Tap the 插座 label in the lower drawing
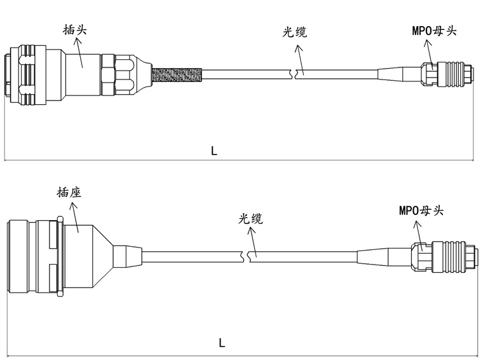tap(68, 192)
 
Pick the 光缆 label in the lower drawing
tap(250, 218)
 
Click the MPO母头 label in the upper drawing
tap(434, 31)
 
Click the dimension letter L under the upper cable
tap(214, 151)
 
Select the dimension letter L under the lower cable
tap(222, 343)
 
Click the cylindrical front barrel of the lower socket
tap(21, 256)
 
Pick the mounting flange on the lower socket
tap(59, 256)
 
